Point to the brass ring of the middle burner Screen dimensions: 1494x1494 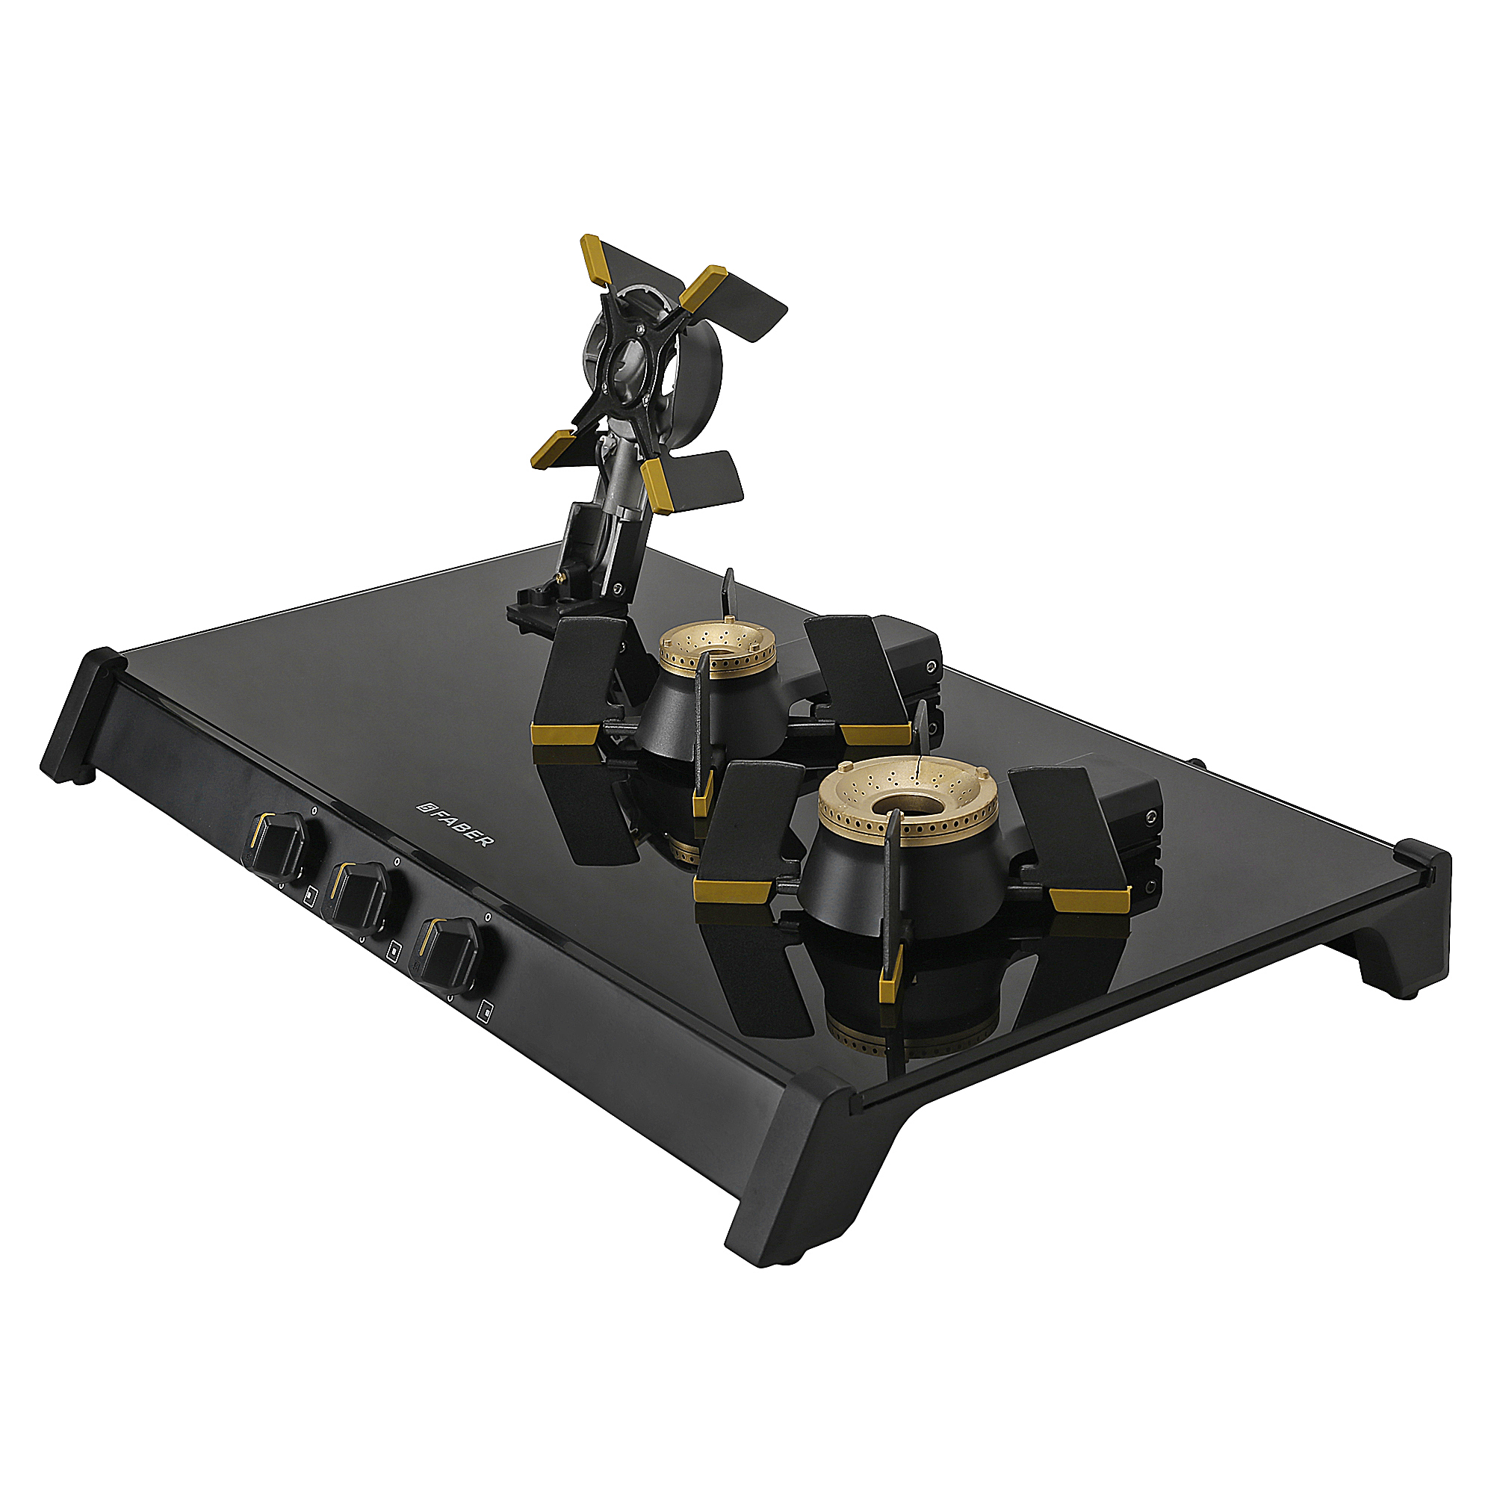coord(716,654)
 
